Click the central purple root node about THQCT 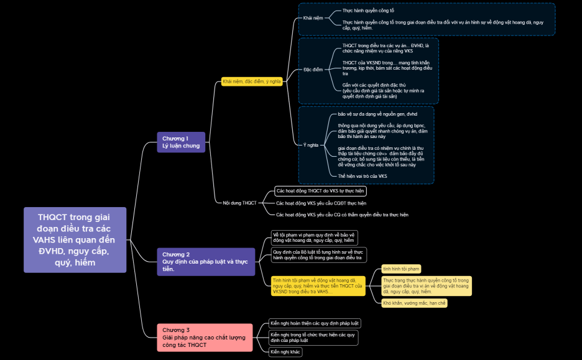75,240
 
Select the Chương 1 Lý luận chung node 180,142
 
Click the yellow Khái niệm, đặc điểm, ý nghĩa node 251,81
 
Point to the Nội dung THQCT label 239,203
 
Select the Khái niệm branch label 313,18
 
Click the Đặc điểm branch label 313,70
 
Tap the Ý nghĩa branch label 310,145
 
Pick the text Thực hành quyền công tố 368,11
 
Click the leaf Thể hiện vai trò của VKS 362,176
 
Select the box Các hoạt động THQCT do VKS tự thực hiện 320,191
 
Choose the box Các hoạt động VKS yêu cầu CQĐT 321,203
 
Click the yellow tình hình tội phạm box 400,269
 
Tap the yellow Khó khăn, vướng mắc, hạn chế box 414,303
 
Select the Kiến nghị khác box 285,352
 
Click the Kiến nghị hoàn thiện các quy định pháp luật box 314,323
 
